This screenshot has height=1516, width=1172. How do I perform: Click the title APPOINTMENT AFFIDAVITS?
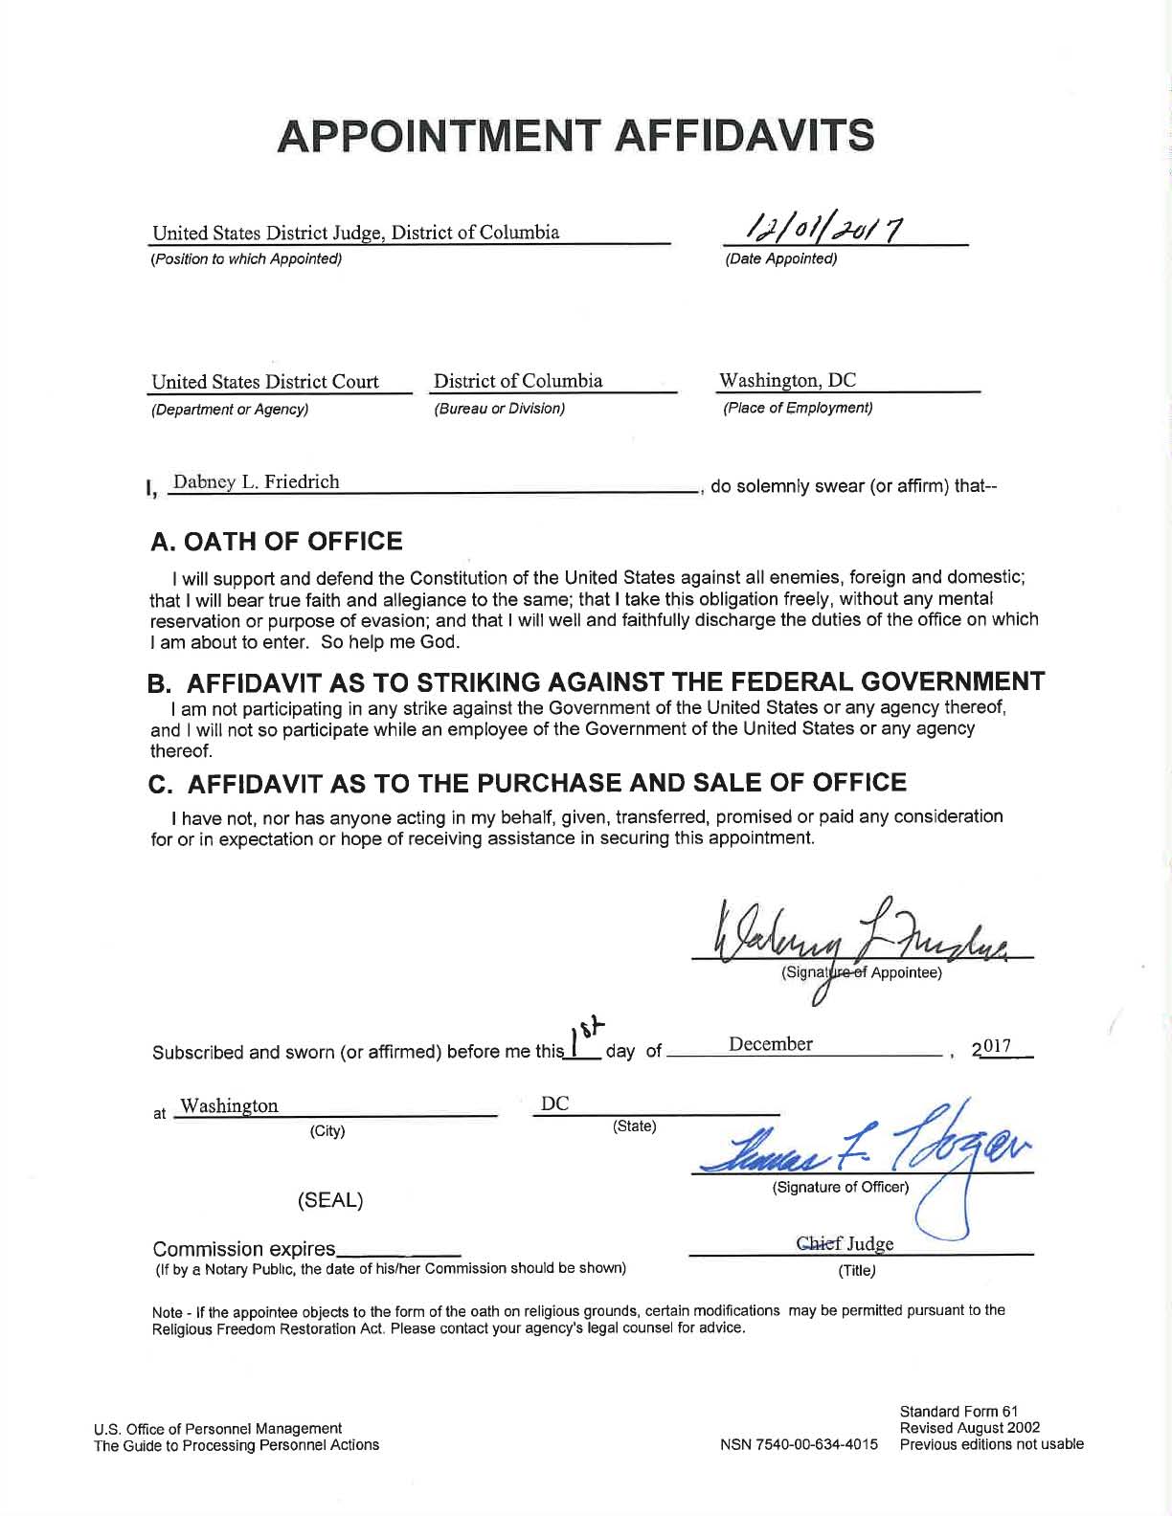point(575,136)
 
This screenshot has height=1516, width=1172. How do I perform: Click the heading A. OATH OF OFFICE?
point(277,542)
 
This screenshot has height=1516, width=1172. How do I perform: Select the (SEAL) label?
point(330,1200)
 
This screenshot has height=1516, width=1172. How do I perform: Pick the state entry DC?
point(555,1104)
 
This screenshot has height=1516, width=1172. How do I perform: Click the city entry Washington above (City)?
point(230,1106)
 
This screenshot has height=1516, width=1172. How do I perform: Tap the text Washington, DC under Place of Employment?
point(787,381)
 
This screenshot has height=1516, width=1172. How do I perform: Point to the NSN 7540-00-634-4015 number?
point(799,1444)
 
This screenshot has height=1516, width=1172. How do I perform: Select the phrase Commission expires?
point(244,1249)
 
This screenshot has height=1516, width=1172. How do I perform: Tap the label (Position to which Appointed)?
point(246,259)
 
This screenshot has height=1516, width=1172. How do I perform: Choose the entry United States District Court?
point(265,382)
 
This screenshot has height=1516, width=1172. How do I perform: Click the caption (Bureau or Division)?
point(500,409)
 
